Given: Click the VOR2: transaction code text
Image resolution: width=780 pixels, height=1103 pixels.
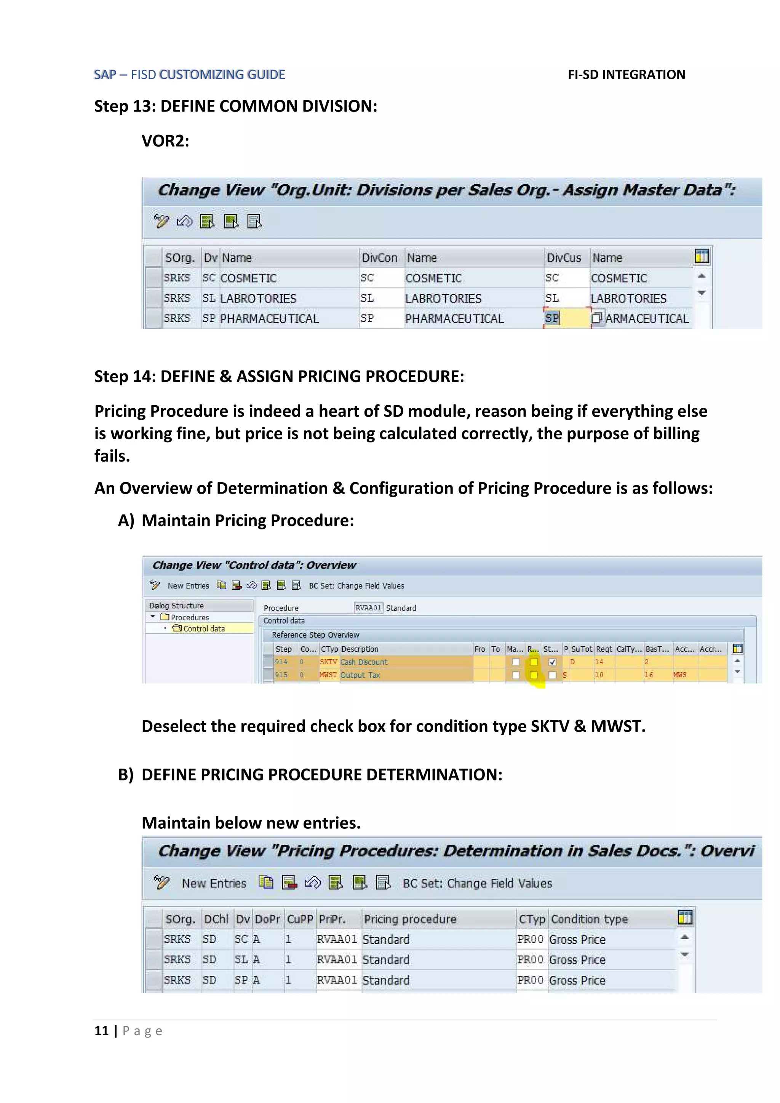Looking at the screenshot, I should pyautogui.click(x=165, y=141).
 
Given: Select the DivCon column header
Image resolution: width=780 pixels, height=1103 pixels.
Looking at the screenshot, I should pyautogui.click(x=379, y=258).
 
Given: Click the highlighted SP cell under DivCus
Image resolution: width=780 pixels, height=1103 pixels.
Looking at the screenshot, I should pyautogui.click(x=552, y=318).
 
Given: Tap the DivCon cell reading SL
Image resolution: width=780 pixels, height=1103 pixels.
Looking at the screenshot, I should pyautogui.click(x=368, y=298).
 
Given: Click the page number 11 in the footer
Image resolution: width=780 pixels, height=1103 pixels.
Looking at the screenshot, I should pyautogui.click(x=101, y=1031).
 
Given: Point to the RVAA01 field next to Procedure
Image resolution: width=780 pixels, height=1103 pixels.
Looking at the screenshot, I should pyautogui.click(x=368, y=608).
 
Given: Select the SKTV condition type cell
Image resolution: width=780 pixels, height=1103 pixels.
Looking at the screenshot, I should pyautogui.click(x=329, y=662).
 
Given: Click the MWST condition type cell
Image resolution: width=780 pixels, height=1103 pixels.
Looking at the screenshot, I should pyautogui.click(x=329, y=675).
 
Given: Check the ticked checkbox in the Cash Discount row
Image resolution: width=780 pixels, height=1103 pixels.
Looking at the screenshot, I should pyautogui.click(x=552, y=662).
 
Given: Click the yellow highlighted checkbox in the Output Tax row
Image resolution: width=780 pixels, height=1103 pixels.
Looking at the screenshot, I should pyautogui.click(x=534, y=675).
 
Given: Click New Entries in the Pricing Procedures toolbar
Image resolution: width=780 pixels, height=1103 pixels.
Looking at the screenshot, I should pyautogui.click(x=214, y=883).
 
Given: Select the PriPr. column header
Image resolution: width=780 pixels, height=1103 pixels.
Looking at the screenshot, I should pyautogui.click(x=332, y=919).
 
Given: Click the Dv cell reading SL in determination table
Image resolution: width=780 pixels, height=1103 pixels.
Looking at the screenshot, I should pyautogui.click(x=241, y=959).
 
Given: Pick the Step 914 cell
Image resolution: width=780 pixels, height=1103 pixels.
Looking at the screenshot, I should pyautogui.click(x=281, y=662).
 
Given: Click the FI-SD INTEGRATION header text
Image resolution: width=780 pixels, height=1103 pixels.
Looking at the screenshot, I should pyautogui.click(x=626, y=75).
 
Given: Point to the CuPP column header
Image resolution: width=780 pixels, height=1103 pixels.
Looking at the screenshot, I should pyautogui.click(x=300, y=919).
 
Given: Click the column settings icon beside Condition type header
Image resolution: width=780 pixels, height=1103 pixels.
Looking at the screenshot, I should pyautogui.click(x=685, y=918).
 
